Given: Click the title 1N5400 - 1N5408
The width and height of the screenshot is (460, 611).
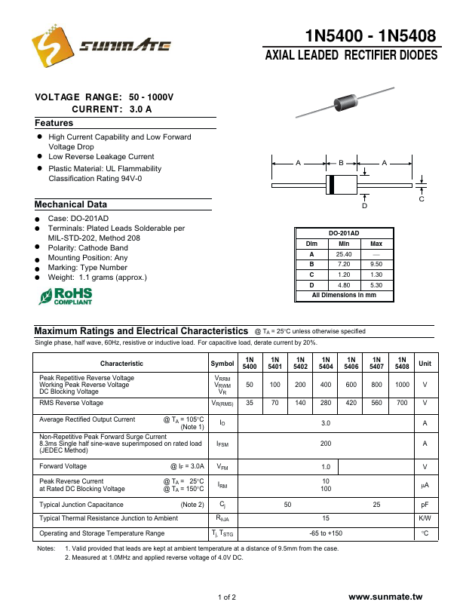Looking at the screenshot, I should [x=371, y=36].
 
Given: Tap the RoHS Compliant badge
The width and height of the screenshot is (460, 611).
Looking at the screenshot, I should [x=66, y=296].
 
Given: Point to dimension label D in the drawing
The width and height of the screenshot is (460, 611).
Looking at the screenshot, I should [x=364, y=206].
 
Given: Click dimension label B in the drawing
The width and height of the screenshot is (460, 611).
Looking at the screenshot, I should [x=341, y=163].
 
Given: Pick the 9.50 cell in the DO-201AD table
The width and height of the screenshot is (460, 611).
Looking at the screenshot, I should [x=377, y=264].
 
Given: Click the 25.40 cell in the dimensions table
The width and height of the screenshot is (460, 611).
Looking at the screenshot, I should [x=344, y=254].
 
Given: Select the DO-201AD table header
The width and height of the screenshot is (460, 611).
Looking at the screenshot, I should [x=344, y=233].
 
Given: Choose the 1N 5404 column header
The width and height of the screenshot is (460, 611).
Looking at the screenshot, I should [x=326, y=363].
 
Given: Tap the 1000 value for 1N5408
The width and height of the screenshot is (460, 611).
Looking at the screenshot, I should [x=402, y=385].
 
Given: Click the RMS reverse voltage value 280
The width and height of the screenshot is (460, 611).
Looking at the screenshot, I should [x=326, y=404].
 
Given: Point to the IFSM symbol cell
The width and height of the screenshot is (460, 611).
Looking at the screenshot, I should [x=222, y=444].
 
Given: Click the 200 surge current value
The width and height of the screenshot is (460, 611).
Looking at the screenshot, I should [x=326, y=444].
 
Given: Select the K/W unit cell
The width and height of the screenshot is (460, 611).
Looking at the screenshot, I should [x=425, y=518].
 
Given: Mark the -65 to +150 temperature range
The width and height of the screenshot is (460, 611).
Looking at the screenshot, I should [x=326, y=533].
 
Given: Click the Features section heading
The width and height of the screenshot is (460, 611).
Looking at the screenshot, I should [x=54, y=123].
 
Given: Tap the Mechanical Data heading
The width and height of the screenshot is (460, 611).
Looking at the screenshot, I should [x=71, y=204].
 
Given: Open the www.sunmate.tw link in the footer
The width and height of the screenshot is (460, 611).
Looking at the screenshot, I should [x=391, y=597].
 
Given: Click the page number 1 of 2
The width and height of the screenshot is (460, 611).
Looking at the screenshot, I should [x=227, y=597].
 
